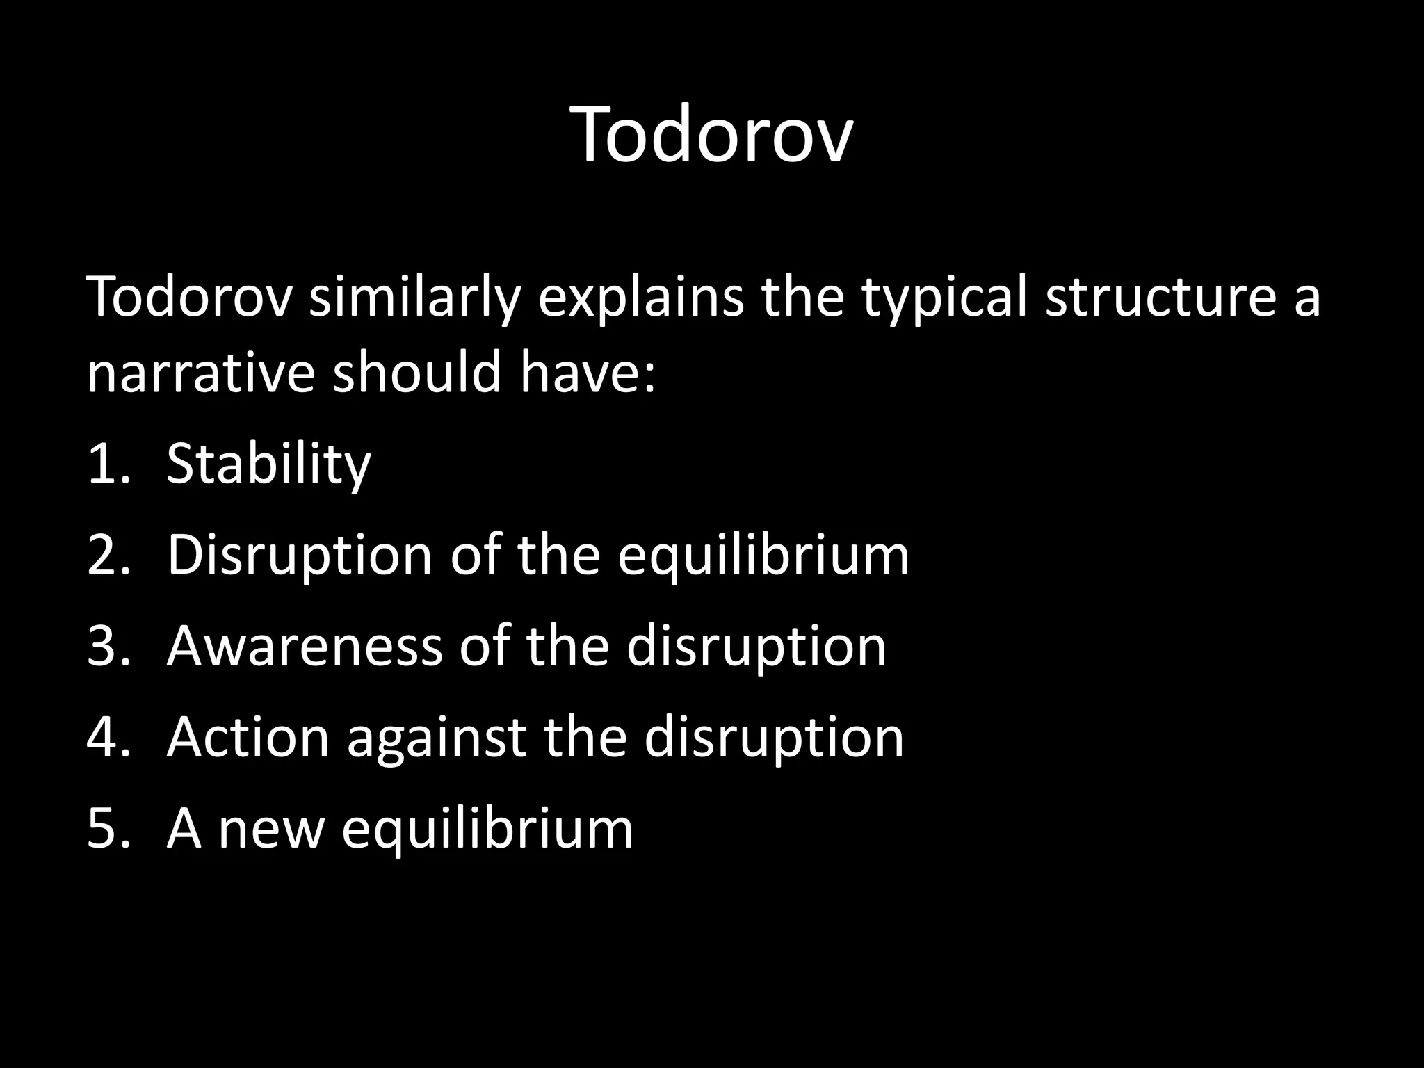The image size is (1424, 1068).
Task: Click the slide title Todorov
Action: point(712,135)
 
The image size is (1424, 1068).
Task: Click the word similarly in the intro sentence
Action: point(414,298)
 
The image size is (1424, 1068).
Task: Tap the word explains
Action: point(640,298)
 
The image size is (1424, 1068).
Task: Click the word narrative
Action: point(201,372)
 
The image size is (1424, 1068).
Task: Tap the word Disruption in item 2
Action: point(300,557)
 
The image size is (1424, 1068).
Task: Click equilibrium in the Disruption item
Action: point(763,557)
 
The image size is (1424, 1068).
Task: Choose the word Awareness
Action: point(304,647)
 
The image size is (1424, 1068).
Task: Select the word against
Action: point(435,739)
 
